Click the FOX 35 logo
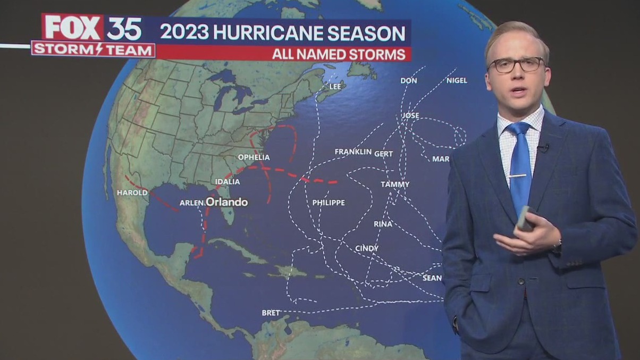click(x=92, y=28)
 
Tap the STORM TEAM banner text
click(x=93, y=49)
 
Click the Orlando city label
click(x=226, y=202)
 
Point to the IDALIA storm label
click(x=227, y=182)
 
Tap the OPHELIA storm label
click(x=254, y=157)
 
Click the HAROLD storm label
click(x=132, y=192)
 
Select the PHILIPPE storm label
click(x=328, y=203)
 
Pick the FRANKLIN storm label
click(x=353, y=152)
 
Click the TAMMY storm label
click(x=395, y=185)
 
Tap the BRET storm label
click(x=271, y=313)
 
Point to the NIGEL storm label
click(x=457, y=80)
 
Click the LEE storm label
click(x=335, y=86)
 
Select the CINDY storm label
click(x=367, y=248)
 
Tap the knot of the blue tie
click(x=518, y=130)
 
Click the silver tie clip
click(x=518, y=175)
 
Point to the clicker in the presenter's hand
click(x=525, y=218)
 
